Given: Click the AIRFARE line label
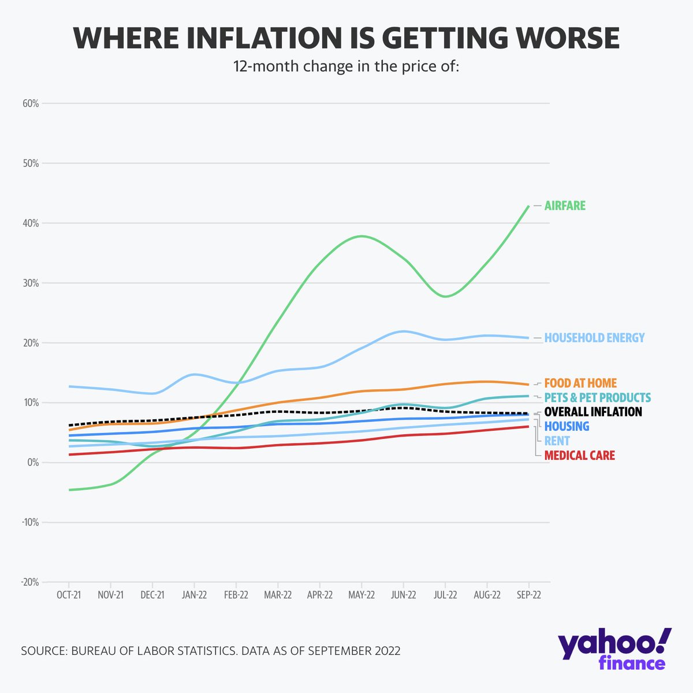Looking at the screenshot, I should tap(565, 206).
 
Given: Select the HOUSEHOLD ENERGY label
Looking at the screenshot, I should tap(594, 338).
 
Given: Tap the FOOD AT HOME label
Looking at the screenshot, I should tap(580, 383).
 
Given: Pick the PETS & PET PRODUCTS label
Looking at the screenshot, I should tap(597, 398).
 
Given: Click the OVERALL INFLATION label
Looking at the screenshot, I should tap(593, 412).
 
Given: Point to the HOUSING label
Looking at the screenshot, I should tap(567, 426).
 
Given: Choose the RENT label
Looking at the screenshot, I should tap(557, 441).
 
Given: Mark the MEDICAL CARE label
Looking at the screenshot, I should tap(579, 456).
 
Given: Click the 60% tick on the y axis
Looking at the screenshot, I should tap(30, 104).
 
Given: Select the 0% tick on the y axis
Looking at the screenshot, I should tap(32, 463).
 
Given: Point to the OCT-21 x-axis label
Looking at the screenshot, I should tap(69, 595).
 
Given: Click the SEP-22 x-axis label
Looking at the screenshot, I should tap(528, 595).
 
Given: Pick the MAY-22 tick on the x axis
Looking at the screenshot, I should tap(361, 595).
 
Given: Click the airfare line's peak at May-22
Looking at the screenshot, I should tap(362, 236).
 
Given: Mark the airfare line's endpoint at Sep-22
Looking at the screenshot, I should tap(528, 206).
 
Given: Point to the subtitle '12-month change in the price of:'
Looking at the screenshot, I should tap(346, 66).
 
